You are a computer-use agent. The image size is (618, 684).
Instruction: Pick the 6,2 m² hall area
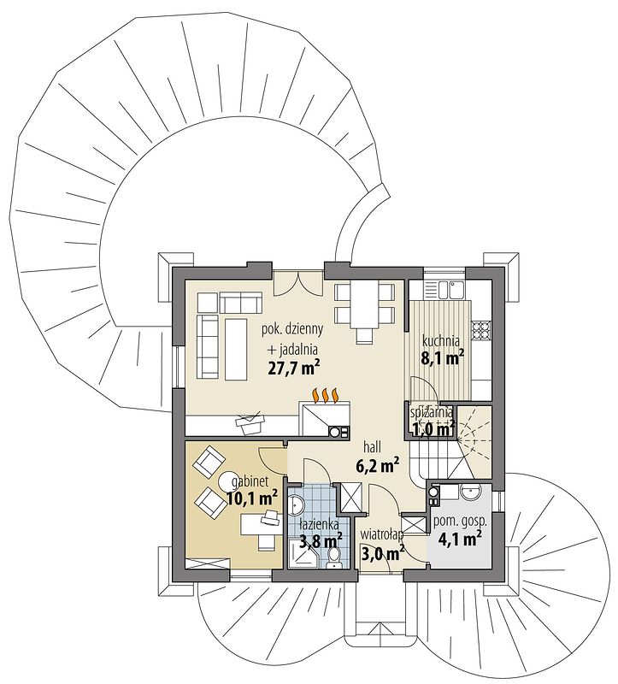point(378,466)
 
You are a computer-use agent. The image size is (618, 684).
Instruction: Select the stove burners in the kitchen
point(481,327)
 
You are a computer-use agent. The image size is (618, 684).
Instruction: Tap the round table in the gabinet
point(229,481)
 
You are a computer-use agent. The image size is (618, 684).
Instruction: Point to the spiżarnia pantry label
point(431,412)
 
